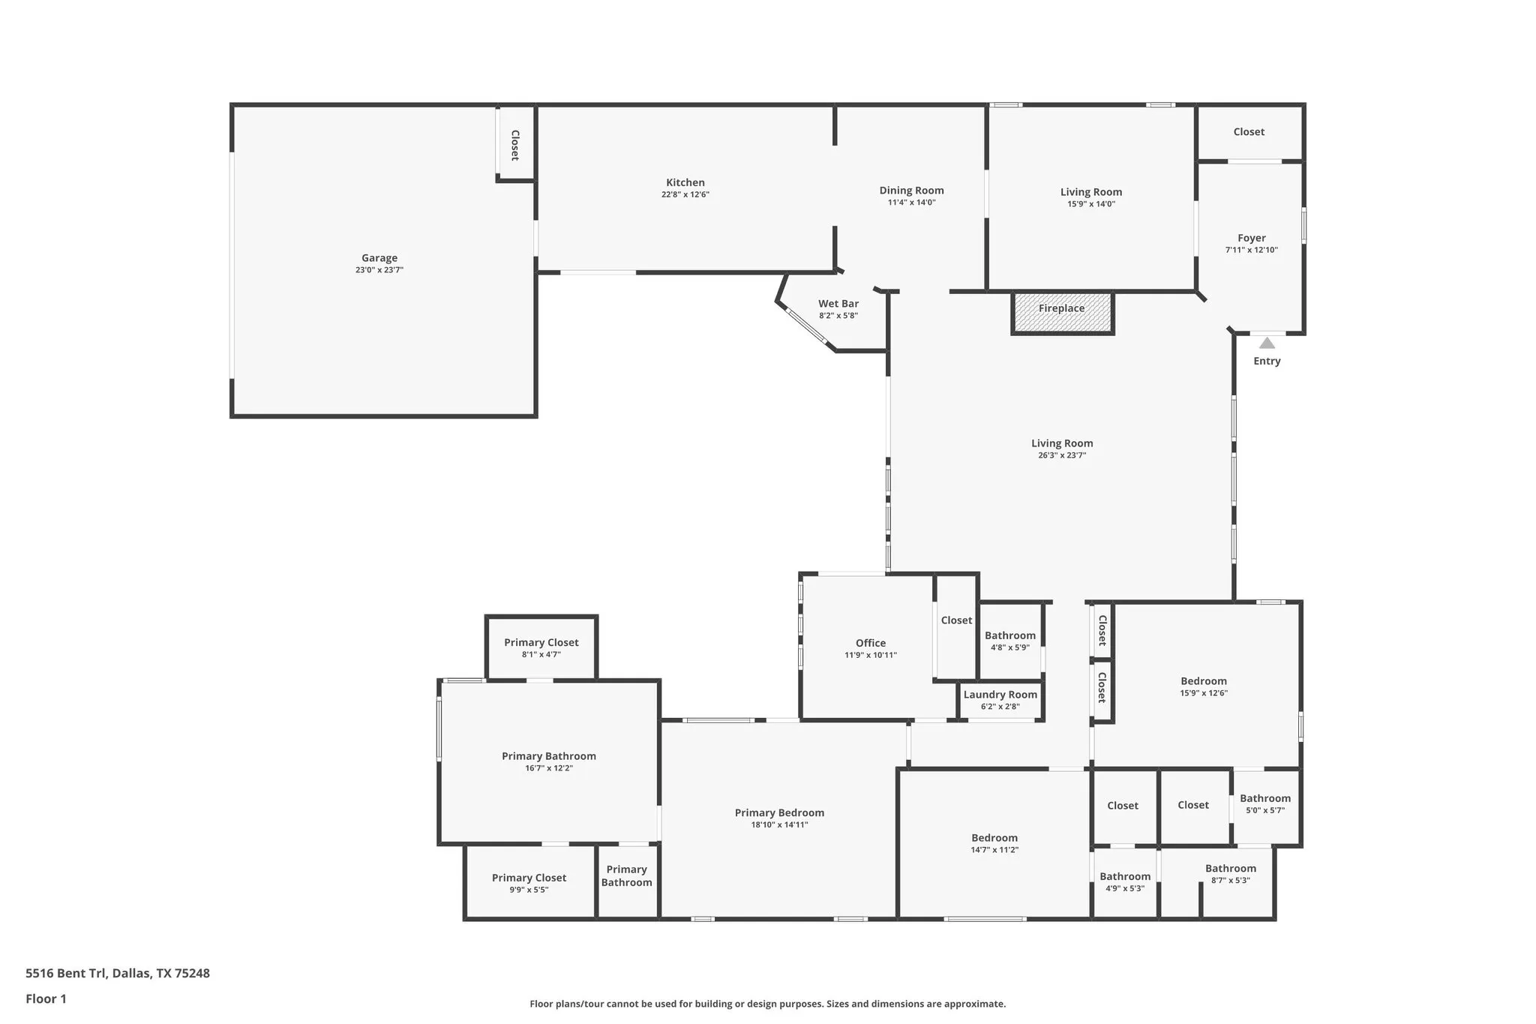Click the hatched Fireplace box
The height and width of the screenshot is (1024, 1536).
(1062, 313)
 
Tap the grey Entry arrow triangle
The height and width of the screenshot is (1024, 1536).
(1267, 344)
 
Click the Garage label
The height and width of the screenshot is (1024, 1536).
(379, 258)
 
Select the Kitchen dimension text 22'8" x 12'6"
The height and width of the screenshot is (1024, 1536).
(685, 195)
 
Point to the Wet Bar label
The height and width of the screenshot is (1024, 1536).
(838, 304)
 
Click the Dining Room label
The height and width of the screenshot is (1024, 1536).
(911, 191)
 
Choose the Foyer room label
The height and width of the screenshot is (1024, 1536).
(1251, 238)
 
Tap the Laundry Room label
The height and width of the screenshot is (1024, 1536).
(1000, 695)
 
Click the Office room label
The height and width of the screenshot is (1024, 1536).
(870, 643)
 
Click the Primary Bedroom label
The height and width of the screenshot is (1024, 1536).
(779, 813)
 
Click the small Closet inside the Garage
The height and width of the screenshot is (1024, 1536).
(515, 145)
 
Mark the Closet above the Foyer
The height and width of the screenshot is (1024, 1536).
(1249, 132)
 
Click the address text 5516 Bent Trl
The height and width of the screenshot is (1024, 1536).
(118, 974)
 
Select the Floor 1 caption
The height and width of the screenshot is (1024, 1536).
(46, 999)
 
